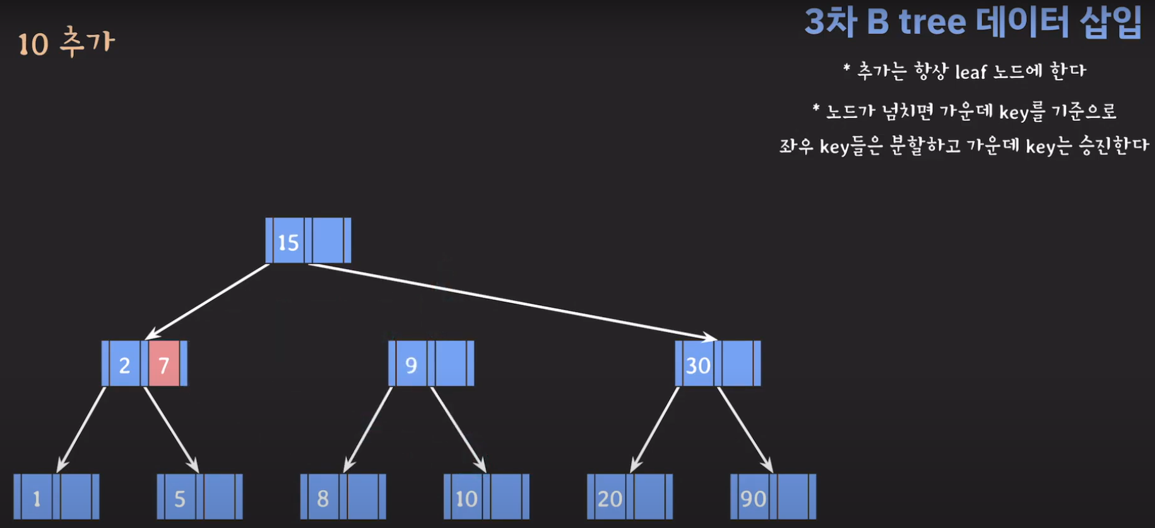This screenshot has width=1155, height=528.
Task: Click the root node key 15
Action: (288, 242)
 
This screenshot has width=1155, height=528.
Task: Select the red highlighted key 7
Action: (164, 364)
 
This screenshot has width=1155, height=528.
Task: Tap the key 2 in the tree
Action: (125, 364)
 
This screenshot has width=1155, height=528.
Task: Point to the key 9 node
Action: (411, 364)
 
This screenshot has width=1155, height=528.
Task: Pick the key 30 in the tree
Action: (697, 365)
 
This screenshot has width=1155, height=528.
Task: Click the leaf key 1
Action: (37, 498)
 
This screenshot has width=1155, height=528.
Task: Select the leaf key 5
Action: (180, 498)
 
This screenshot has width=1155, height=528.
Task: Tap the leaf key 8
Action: (323, 498)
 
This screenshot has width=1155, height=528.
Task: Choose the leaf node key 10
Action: (466, 498)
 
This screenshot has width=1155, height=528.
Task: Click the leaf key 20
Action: (610, 498)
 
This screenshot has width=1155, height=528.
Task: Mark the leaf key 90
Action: (753, 498)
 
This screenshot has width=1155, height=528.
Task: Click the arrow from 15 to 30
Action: (511, 300)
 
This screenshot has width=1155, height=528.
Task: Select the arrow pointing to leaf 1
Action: (82, 429)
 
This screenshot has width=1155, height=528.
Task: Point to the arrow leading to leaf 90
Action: (745, 429)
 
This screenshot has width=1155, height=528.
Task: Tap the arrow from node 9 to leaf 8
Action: (369, 429)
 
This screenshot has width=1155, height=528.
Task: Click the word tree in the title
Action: (932, 23)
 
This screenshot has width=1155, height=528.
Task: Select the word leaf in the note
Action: (971, 72)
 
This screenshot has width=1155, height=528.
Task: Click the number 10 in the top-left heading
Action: (33, 45)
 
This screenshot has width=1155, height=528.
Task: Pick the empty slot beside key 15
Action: (328, 241)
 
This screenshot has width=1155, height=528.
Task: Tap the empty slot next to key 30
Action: (737, 364)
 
